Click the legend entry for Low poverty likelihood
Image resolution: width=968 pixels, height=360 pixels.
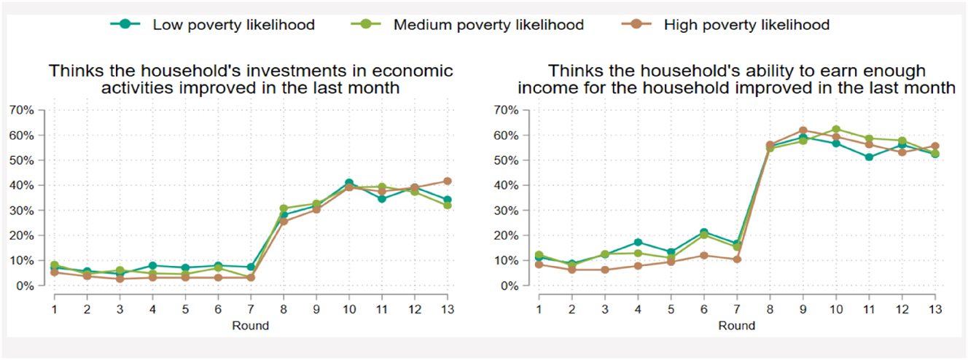click(233, 25)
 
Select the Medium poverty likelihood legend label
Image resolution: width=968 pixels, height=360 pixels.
click(488, 25)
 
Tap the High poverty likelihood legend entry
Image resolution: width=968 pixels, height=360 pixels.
click(746, 25)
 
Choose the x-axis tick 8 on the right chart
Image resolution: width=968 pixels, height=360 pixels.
click(769, 309)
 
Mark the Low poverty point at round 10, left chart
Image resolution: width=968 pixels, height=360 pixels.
click(349, 183)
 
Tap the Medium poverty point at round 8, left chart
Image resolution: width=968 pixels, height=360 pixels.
click(284, 208)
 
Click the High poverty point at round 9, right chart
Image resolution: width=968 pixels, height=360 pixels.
click(803, 130)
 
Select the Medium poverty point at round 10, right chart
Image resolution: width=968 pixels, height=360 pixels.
click(835, 130)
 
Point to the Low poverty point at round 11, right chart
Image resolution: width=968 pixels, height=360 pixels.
click(868, 157)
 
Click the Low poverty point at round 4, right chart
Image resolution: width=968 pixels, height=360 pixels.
click(638, 242)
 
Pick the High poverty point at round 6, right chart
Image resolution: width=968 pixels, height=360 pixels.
click(703, 255)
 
